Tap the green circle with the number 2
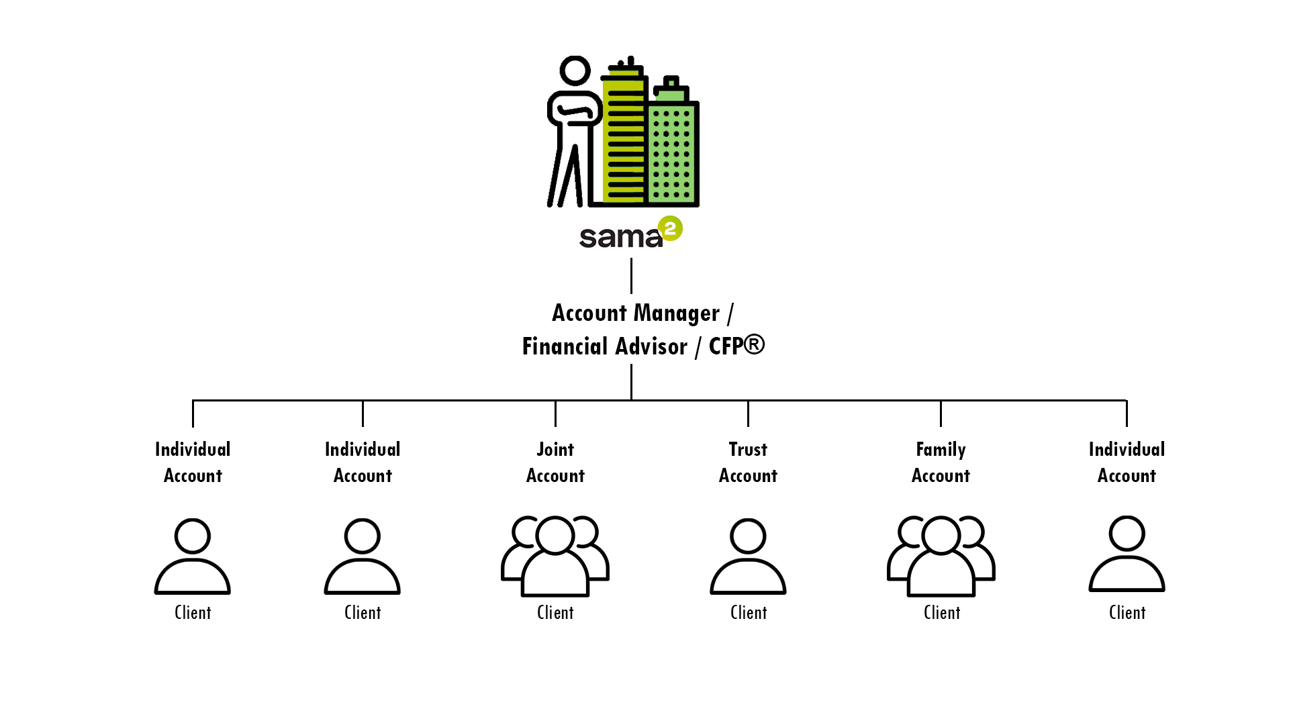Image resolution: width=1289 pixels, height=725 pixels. click(670, 228)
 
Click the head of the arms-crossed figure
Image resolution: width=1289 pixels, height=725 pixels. click(575, 70)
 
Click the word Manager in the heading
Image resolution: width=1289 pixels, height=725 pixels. click(676, 313)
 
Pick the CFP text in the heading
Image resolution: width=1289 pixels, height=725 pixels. click(726, 347)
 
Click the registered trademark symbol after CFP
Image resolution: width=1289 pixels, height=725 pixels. click(754, 344)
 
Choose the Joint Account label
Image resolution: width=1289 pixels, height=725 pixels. click(555, 463)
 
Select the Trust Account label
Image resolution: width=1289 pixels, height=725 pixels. click(748, 463)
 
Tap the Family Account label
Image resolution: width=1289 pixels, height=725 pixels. click(941, 463)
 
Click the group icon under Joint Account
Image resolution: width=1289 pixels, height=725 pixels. click(555, 556)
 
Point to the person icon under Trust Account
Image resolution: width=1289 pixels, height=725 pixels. click(748, 556)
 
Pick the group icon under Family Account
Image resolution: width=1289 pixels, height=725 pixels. click(941, 556)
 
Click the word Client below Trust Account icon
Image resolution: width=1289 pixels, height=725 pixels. click(749, 613)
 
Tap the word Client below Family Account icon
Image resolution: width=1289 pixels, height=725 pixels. click(942, 613)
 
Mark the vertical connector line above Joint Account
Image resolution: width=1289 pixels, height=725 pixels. click(555, 414)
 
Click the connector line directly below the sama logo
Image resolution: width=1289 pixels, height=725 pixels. click(631, 276)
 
